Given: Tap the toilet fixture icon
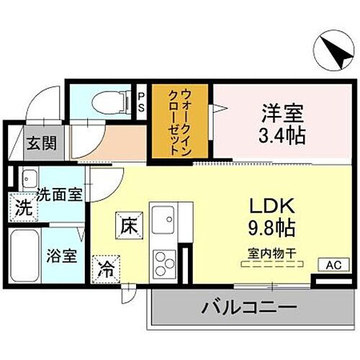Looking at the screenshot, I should coord(109,100).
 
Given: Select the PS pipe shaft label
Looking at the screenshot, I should coord(142,100).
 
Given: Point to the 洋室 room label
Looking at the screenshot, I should coord(277,112).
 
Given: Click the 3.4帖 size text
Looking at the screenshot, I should coord(277,134).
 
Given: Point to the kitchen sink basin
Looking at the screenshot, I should coord(163,217).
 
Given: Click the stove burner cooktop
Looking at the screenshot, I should coord(162,260).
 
